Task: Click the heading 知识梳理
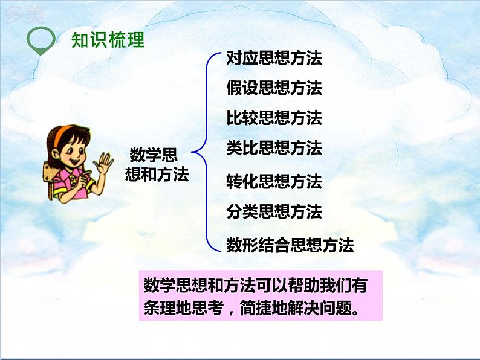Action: [x=108, y=40]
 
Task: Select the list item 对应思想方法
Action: [x=274, y=58]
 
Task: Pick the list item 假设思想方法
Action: [x=274, y=88]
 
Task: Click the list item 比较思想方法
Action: [x=274, y=118]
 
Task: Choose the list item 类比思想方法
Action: [x=274, y=148]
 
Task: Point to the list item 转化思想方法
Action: [x=274, y=181]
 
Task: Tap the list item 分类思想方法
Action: [x=274, y=212]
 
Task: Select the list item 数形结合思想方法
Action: [x=290, y=245]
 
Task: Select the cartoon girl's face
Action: [x=77, y=151]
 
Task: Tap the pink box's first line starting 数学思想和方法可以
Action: [x=256, y=284]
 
